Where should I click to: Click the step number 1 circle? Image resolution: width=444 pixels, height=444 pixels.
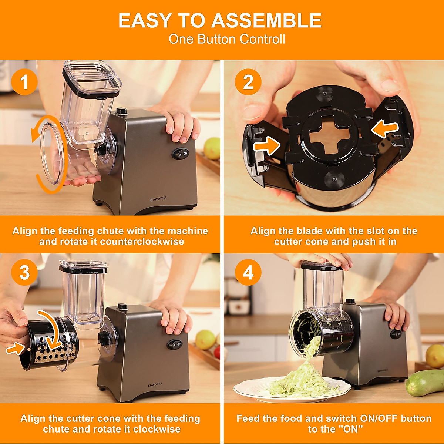[24, 82]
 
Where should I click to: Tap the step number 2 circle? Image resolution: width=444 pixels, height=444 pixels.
[248, 82]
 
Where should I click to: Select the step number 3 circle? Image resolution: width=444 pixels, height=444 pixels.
[24, 273]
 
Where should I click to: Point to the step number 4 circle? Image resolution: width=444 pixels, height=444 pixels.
[248, 273]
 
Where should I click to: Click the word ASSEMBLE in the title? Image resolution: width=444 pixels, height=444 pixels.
[266, 21]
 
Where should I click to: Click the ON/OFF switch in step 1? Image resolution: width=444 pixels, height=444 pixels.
[181, 154]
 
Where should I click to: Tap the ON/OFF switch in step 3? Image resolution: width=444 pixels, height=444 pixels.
[175, 344]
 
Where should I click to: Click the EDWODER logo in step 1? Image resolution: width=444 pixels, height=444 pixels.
[158, 199]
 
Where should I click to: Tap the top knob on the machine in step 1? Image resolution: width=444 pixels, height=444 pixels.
[121, 111]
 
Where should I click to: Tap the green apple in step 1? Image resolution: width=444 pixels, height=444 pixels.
[212, 148]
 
